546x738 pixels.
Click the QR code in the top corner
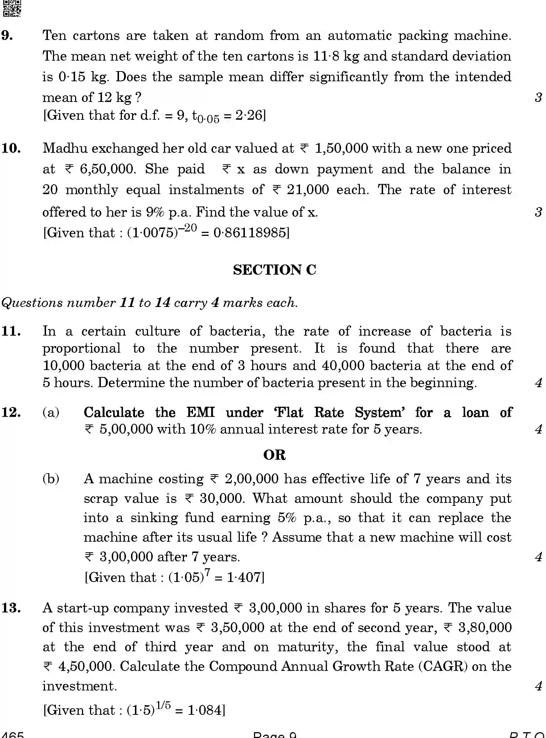[12, 8]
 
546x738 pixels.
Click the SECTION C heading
[274, 270]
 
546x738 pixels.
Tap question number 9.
[8, 36]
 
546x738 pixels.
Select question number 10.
[11, 148]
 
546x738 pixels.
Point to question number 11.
[11, 331]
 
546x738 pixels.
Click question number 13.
[11, 608]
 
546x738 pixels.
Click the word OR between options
[274, 455]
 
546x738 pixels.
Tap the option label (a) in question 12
[51, 413]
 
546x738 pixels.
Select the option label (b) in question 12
[51, 479]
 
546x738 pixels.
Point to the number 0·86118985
[250, 233]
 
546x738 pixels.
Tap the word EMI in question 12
[200, 413]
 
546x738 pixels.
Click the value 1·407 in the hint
[244, 577]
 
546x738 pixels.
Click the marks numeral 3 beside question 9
[538, 97]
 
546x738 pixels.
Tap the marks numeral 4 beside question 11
[538, 383]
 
